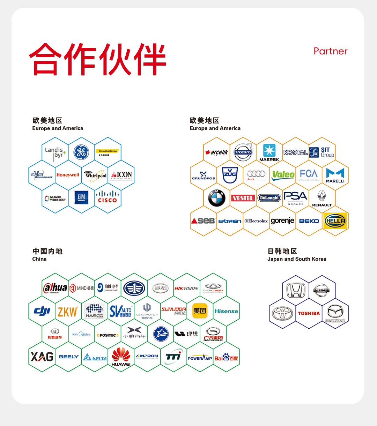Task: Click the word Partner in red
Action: click(330, 51)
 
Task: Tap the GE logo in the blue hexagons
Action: click(81, 152)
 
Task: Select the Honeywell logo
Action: click(68, 175)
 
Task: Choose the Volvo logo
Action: click(243, 152)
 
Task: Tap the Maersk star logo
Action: click(269, 152)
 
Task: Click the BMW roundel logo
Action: click(217, 198)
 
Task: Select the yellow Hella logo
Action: click(335, 221)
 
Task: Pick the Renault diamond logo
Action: click(322, 197)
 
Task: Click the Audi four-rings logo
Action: click(256, 174)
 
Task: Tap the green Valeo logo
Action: click(283, 175)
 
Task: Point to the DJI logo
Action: click(42, 311)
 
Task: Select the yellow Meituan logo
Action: click(200, 311)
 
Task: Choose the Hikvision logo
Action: click(186, 289)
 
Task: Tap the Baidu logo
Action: click(226, 357)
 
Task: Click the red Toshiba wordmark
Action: click(309, 313)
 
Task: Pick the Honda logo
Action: click(296, 290)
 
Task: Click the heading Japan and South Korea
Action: click(297, 259)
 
